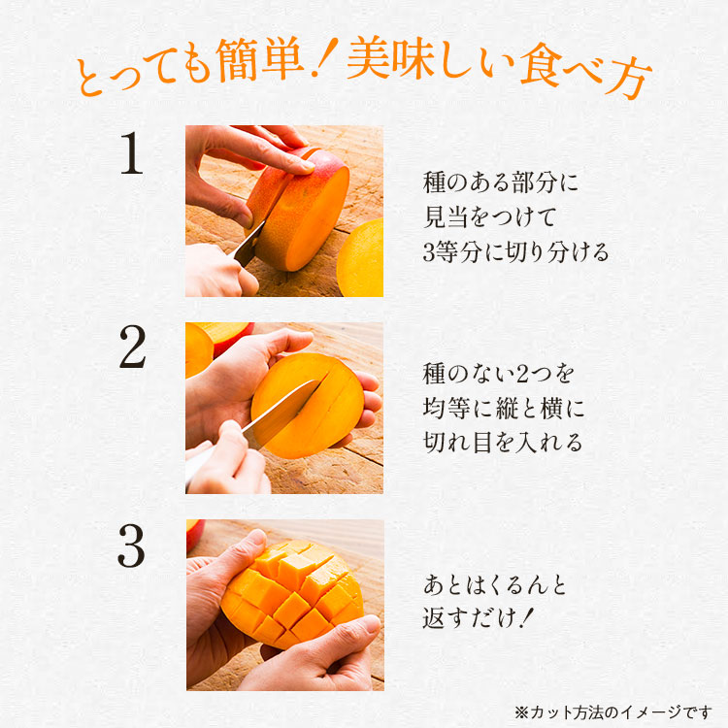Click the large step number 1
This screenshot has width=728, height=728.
[131, 154]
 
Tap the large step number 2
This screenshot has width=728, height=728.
[131, 349]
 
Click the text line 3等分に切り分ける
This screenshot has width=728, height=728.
[515, 252]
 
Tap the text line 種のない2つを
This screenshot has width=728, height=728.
[499, 372]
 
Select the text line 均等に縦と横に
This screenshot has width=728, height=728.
[504, 407]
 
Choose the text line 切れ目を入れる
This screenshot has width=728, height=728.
[503, 442]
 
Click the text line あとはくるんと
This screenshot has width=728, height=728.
[494, 585]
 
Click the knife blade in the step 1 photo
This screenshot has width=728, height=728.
[249, 242]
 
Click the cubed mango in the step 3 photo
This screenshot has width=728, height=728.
[291, 589]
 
